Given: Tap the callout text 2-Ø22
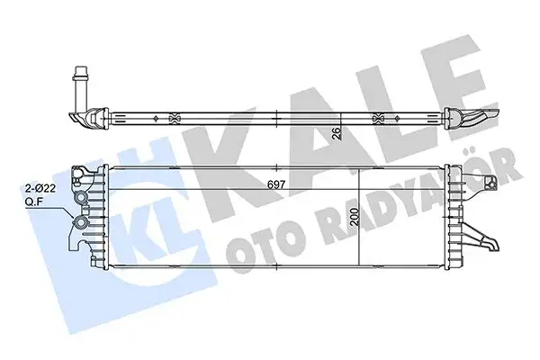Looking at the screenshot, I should click(40, 190).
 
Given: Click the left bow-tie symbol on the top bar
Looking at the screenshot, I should click(173, 117).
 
